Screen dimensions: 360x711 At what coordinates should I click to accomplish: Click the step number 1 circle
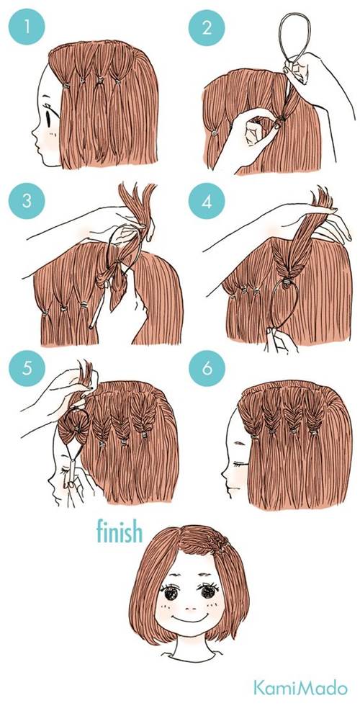pyautogui.click(x=27, y=27)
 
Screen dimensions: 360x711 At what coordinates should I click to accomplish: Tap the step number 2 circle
pyautogui.click(x=207, y=27)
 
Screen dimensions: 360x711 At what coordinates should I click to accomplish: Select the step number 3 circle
pyautogui.click(x=27, y=201)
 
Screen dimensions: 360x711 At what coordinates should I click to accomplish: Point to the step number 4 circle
pyautogui.click(x=207, y=201)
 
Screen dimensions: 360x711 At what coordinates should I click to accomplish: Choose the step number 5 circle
pyautogui.click(x=27, y=368)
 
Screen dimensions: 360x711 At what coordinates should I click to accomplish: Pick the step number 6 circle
pyautogui.click(x=207, y=368)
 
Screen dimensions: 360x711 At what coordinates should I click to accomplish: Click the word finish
pyautogui.click(x=120, y=532)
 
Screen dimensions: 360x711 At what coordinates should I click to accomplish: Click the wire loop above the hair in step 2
pyautogui.click(x=280, y=41)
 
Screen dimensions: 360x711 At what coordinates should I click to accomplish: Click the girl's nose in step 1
pyautogui.click(x=34, y=132)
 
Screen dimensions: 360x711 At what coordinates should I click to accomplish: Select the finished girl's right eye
pyautogui.click(x=209, y=591)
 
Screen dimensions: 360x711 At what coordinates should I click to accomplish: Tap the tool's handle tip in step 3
pyautogui.click(x=92, y=325)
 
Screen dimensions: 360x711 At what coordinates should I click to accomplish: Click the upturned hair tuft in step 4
pyautogui.click(x=320, y=197)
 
